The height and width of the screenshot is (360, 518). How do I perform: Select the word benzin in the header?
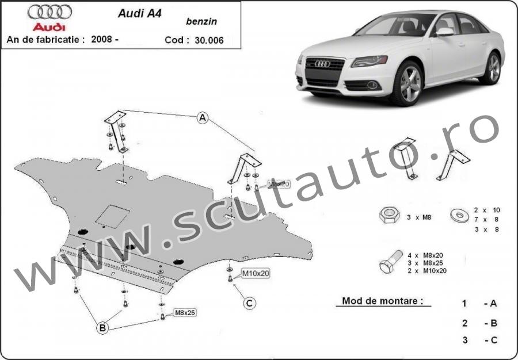(197, 22)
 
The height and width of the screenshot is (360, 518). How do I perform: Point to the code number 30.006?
(209, 40)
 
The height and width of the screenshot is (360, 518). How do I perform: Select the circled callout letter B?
(102, 328)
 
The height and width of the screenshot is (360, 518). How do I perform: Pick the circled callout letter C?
(249, 302)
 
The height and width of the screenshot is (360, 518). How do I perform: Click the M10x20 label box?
(255, 274)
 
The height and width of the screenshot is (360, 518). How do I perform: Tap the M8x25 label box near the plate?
(185, 312)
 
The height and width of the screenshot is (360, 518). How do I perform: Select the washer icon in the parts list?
(459, 216)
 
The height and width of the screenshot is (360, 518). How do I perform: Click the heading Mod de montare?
(382, 300)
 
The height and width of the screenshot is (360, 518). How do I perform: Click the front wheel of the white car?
(411, 83)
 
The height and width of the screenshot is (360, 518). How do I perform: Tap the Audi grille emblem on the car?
(322, 64)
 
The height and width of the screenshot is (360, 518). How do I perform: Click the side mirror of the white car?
(444, 32)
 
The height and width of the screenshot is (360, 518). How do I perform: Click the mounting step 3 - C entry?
(479, 340)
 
